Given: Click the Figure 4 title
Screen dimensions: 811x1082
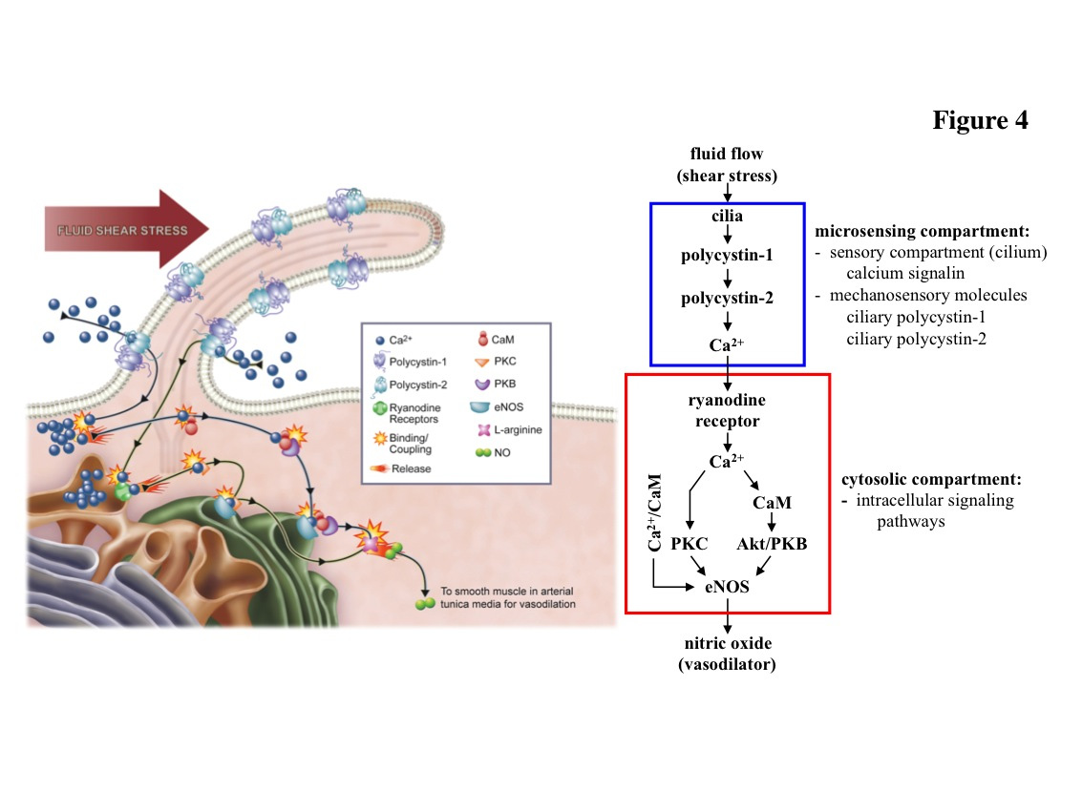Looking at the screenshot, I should [980, 121].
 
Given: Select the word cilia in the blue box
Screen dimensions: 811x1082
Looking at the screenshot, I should [727, 218].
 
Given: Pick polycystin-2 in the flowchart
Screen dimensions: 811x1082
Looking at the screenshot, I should [727, 299].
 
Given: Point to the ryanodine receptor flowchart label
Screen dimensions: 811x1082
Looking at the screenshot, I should [727, 409].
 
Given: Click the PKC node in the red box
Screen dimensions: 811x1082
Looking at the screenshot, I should [690, 544].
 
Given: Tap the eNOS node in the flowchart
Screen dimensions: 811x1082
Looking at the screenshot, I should [728, 587].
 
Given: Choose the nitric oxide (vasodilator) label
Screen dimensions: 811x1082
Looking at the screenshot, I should [727, 655].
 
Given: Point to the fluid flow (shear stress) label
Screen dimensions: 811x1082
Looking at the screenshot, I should [727, 164].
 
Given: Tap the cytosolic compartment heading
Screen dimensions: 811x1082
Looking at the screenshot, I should [923, 479].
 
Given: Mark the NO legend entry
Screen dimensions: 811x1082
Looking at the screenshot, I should [497, 452].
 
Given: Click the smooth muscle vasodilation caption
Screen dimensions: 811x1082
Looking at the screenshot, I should [507, 596].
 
